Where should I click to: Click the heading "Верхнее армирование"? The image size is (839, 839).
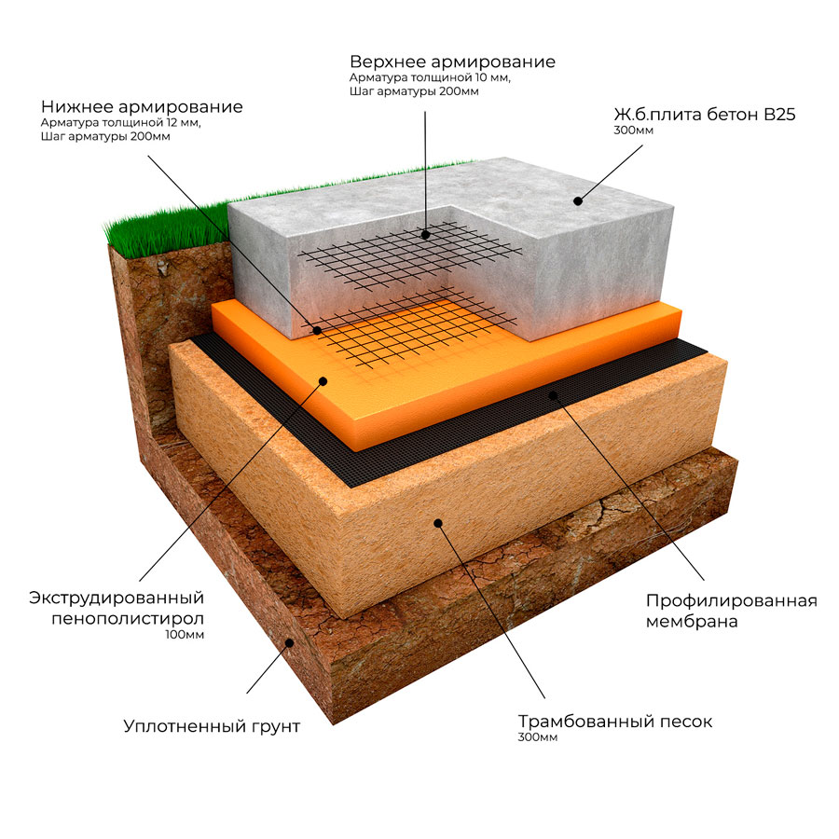(452, 62)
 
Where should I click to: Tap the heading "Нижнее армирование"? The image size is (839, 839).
(142, 107)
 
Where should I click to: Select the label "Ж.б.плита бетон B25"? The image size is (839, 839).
(705, 115)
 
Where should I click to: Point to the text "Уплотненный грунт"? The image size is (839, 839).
(212, 726)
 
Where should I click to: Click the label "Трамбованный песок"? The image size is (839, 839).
(615, 722)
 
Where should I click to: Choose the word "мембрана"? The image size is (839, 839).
(692, 622)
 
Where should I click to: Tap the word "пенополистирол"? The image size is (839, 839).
(128, 619)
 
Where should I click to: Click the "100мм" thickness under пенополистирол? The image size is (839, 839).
(185, 635)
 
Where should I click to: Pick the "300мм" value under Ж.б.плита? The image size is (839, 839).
(633, 131)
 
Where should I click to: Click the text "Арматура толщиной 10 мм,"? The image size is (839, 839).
(430, 78)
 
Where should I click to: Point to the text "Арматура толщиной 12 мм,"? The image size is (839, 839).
(121, 123)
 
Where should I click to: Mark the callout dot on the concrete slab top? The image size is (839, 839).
(577, 201)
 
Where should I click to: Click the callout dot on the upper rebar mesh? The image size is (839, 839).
(425, 234)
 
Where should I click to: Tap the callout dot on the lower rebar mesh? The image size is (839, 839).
(317, 331)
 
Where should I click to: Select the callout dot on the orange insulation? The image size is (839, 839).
(323, 381)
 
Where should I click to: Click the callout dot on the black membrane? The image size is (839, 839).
(554, 395)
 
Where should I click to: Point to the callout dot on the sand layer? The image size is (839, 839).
(438, 523)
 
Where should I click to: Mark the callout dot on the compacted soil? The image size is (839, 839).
(290, 642)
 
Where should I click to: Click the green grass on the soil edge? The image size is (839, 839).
(166, 227)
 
